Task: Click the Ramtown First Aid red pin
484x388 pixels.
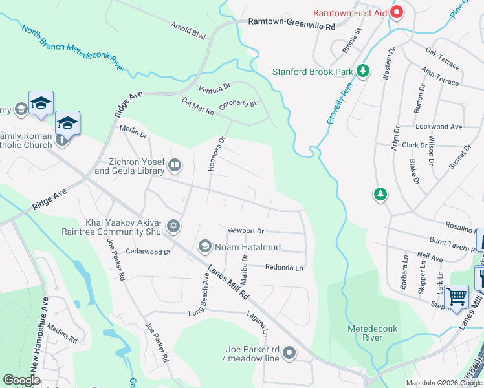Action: (396, 13)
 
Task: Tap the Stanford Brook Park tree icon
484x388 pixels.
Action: (364, 71)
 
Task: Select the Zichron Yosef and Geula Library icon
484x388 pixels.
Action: (174, 167)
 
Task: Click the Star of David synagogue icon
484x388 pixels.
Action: (173, 226)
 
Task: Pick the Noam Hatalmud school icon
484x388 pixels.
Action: (205, 246)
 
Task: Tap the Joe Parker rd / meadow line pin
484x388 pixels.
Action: (289, 353)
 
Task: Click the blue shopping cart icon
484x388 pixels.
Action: (457, 297)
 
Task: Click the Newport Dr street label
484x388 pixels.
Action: (246, 231)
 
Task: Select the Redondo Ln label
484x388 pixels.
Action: (283, 267)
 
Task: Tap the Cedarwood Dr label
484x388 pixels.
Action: (148, 252)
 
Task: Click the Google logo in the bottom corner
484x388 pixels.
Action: (21, 380)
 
